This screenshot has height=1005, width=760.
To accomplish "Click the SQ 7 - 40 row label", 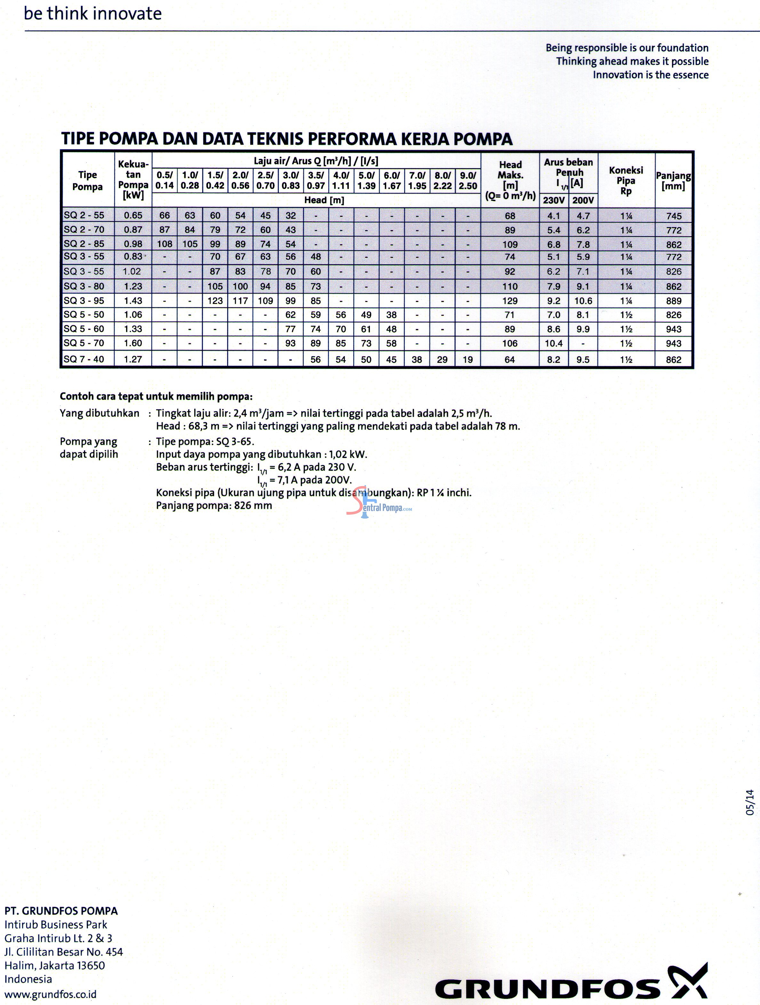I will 84,359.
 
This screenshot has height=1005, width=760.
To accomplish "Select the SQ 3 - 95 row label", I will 84,300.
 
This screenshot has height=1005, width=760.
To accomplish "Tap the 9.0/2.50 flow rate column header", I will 468,180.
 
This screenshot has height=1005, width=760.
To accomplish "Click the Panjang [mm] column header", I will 673,180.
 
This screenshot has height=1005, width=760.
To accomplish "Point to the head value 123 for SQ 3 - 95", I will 215,301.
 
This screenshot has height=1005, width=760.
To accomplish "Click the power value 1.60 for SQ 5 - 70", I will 133,343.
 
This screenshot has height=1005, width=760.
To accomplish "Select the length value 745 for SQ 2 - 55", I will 674,216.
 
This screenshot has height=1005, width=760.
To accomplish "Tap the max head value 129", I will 510,301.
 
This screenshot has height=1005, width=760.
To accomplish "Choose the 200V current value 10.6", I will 583,301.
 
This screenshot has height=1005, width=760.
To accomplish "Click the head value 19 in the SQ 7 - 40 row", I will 468,359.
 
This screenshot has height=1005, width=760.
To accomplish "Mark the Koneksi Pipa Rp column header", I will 626,180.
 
